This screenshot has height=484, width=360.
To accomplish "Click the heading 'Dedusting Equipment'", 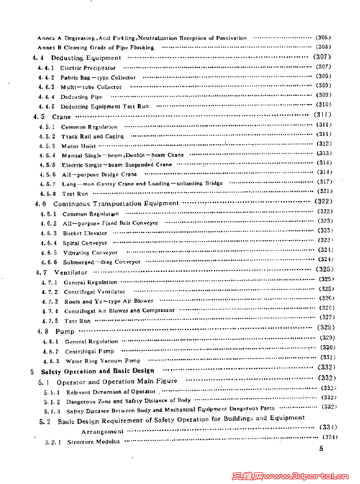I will click(86, 58).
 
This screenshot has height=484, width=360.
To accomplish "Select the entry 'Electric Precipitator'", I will click(88, 68).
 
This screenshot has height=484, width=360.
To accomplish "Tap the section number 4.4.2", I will click(46, 77).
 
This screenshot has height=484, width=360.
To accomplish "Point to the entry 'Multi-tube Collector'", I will click(91, 87).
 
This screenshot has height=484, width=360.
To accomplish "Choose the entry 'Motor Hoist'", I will click(79, 146).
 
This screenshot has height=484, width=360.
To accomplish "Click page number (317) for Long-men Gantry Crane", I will click(324, 182).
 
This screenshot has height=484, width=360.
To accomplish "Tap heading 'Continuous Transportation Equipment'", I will click(116, 204).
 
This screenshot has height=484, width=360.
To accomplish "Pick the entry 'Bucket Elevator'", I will click(85, 233).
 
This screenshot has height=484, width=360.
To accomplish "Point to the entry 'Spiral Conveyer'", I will click(85, 243).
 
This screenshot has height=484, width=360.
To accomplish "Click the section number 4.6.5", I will click(48, 253).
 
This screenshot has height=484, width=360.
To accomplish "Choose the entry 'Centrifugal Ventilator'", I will click(94, 292).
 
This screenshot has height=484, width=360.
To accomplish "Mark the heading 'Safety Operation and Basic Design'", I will click(98, 371).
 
